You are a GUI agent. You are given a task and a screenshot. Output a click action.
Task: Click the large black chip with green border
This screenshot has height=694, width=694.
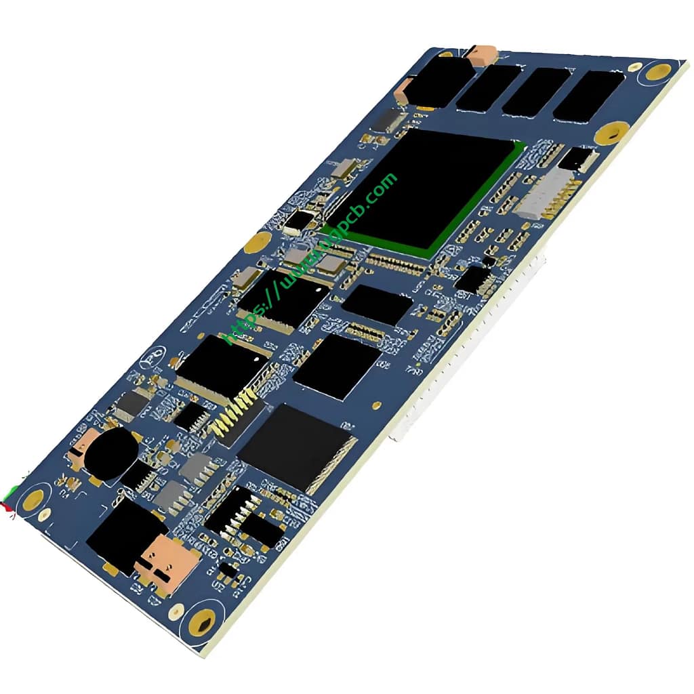point(434,190)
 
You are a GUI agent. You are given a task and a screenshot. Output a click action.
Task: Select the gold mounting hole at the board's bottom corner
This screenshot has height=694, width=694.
point(201,621)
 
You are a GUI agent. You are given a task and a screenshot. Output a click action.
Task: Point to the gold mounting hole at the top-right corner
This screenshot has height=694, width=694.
point(656,70)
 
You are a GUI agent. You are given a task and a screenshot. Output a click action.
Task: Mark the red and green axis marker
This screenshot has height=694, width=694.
point(8,502)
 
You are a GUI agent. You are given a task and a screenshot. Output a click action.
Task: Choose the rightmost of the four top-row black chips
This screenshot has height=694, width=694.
point(588,96)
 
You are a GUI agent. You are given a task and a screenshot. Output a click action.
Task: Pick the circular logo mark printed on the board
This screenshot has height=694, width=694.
point(150,359)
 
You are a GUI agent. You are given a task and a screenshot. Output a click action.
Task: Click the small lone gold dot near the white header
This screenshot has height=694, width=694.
point(376,405)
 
